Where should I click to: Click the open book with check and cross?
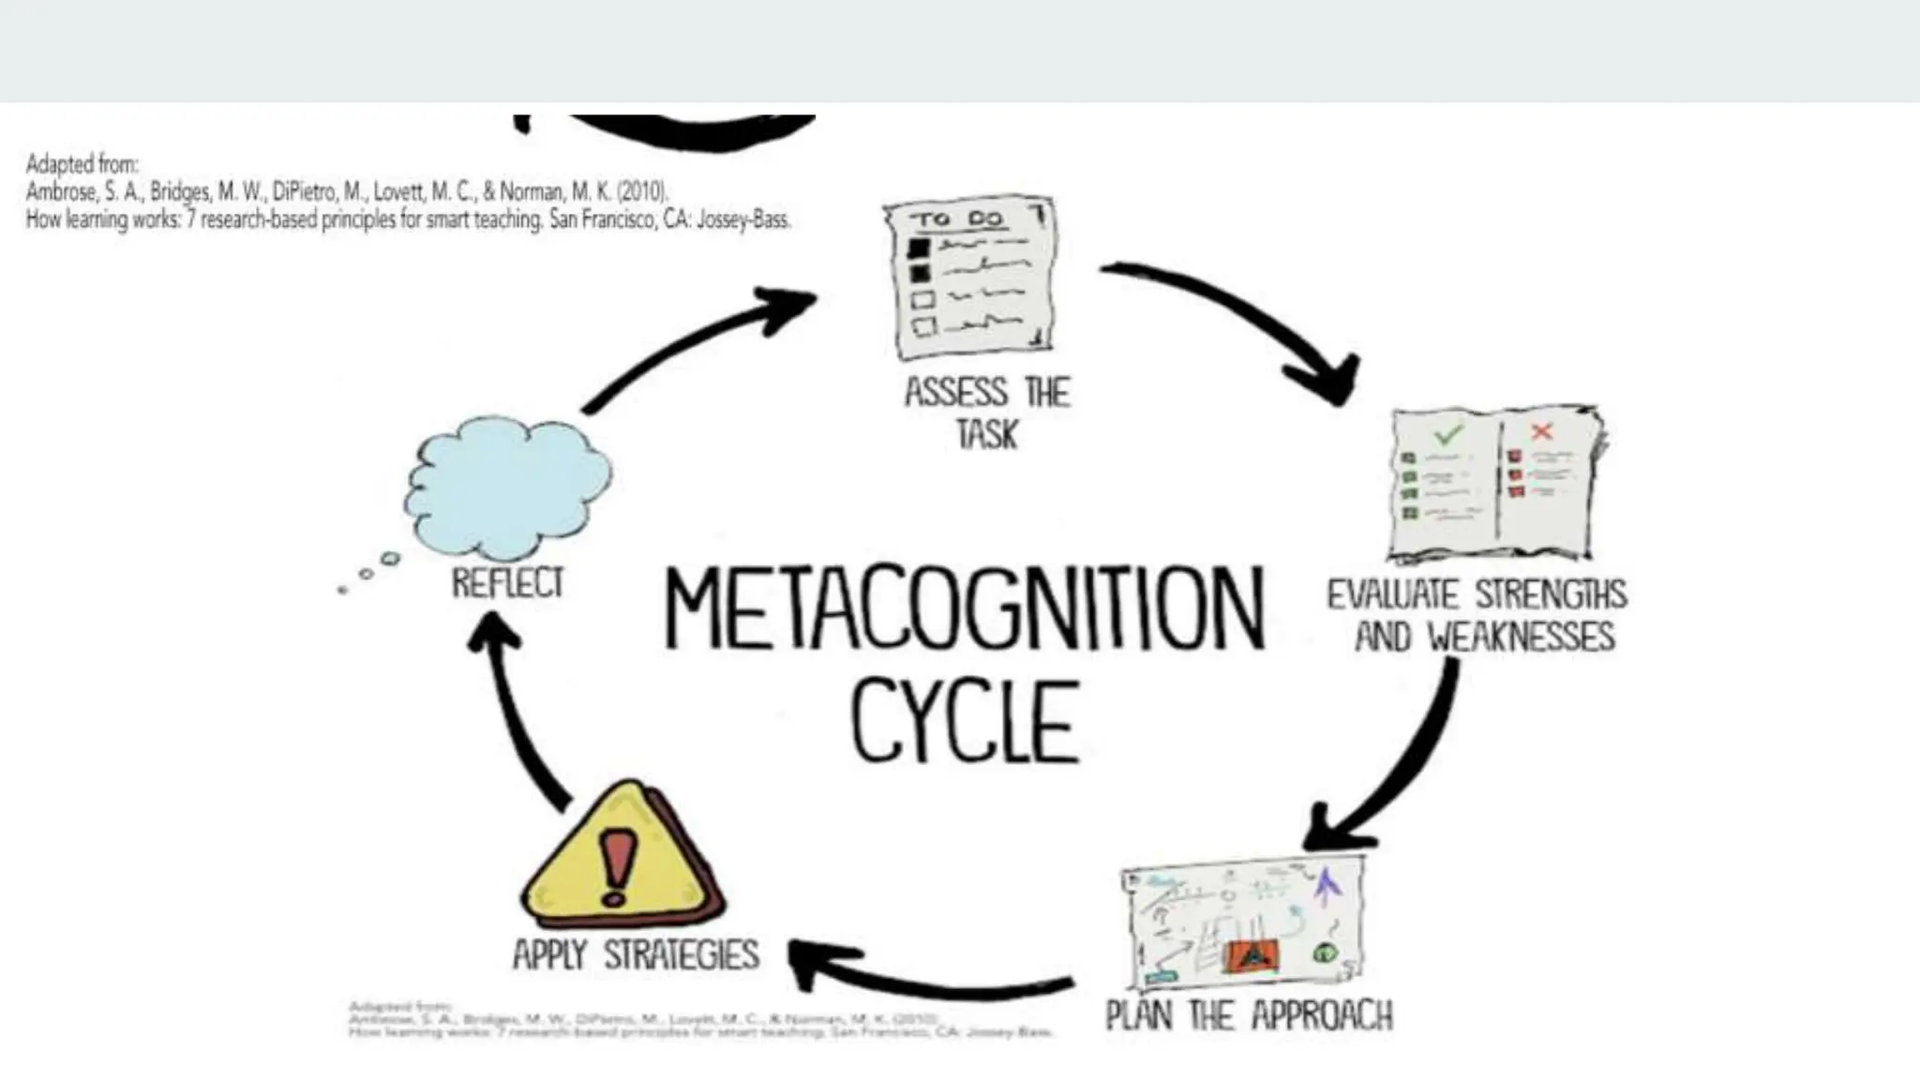point(1495,484)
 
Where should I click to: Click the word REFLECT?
point(507,583)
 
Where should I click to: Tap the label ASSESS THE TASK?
point(986,412)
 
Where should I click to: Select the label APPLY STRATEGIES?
point(636,954)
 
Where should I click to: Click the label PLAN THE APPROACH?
point(1249,1015)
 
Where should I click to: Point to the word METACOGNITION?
point(964,608)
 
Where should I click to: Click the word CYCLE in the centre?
point(966,721)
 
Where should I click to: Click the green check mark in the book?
point(1447,434)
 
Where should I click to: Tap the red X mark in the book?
point(1541,431)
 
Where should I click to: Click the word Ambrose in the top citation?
point(60,192)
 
